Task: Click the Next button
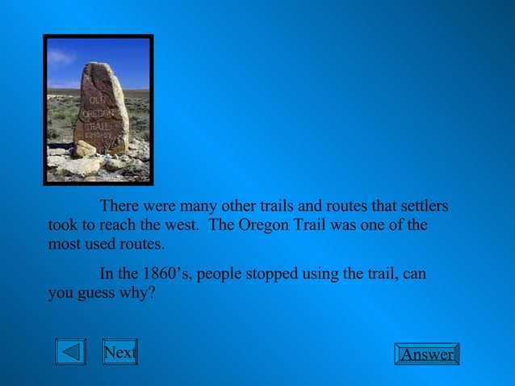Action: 119,353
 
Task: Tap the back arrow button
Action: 71,353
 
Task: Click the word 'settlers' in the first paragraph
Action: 422,206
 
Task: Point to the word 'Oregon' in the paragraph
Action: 263,224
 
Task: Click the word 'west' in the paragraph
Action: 185,224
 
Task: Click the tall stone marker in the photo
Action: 100,109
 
